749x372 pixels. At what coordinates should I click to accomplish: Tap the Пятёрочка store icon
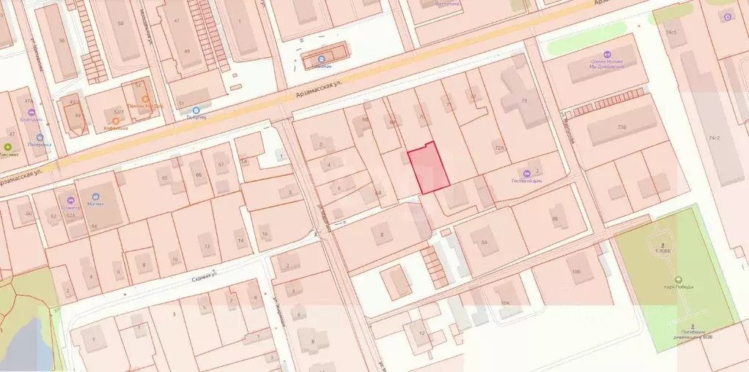pos(39,138)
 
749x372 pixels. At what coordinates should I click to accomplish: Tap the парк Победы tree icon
pos(678,279)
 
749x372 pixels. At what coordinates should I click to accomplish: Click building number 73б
pos(622,127)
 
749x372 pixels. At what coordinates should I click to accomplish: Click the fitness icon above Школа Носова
pos(607,53)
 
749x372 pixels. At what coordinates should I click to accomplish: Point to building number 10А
pos(504,301)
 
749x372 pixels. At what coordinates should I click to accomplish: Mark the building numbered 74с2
pos(714,137)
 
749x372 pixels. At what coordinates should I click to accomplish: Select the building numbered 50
pos(121,24)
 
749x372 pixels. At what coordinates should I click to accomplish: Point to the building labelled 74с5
pos(671,32)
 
